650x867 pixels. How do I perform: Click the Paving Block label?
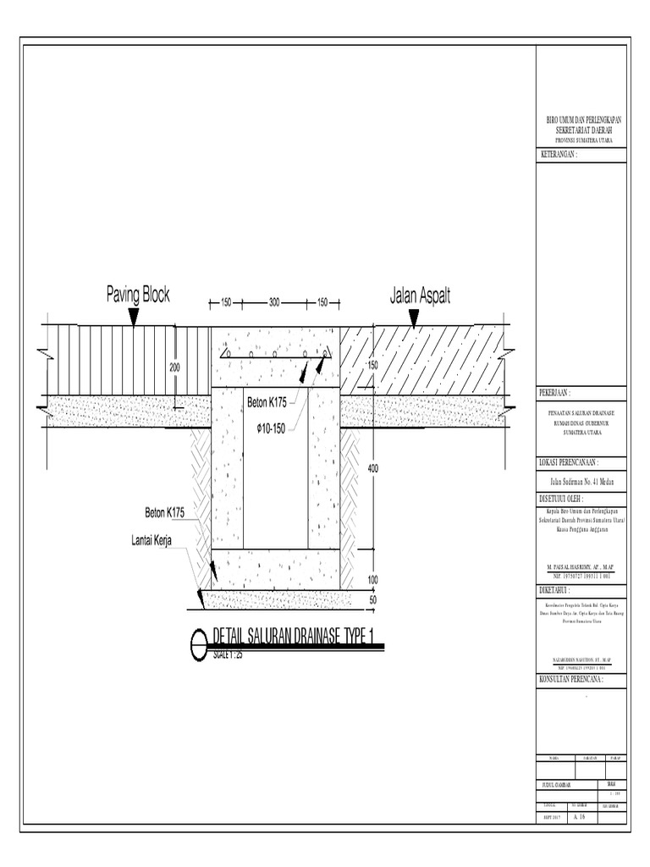pos(138,295)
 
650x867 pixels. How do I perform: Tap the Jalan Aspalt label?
pos(420,295)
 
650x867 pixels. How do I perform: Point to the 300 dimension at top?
pos(274,302)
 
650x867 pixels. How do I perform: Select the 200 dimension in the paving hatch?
pos(175,368)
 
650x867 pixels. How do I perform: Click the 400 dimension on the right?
pos(373,468)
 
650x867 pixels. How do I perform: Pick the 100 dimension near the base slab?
pos(373,580)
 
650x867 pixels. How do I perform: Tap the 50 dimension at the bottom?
pos(373,599)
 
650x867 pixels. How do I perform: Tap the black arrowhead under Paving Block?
pos(133,318)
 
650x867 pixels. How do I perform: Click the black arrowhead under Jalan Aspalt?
pos(413,318)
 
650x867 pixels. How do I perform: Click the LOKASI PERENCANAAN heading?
pos(569,462)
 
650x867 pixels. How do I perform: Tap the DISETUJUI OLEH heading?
pos(562,498)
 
